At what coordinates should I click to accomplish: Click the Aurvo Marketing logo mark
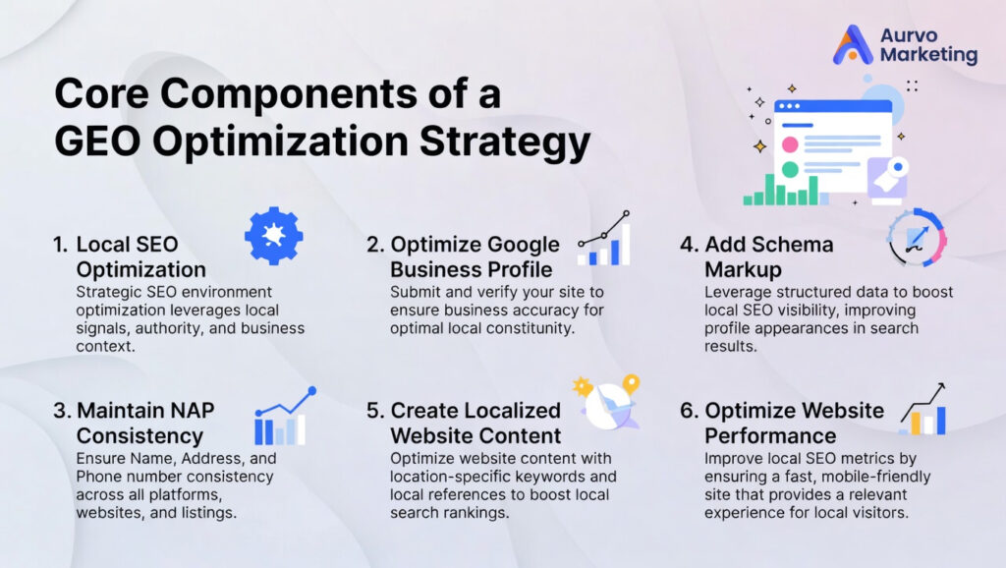point(852,45)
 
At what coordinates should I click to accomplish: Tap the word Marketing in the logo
point(928,56)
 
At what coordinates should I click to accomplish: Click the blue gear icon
point(273,236)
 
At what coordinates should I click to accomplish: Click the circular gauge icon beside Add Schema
point(915,237)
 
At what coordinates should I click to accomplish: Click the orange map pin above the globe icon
point(631,383)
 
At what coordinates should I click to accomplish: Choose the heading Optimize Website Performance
point(780,423)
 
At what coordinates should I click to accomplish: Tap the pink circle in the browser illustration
point(789,144)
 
